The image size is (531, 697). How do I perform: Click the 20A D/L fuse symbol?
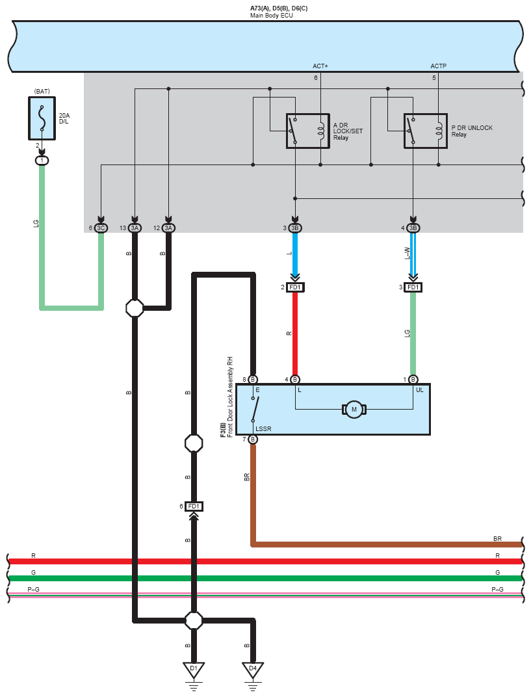click(42, 118)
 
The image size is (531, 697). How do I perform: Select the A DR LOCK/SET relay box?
click(307, 131)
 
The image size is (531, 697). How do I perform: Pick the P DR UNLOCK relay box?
click(425, 131)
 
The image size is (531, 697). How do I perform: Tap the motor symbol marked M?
click(354, 409)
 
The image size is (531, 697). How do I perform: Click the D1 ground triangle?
click(193, 669)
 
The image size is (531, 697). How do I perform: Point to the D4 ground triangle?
click(253, 669)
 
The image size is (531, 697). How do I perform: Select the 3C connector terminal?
click(101, 228)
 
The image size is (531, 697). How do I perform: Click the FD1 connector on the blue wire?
click(295, 287)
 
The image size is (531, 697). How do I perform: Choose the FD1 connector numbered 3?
click(413, 287)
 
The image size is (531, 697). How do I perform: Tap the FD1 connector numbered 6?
click(194, 506)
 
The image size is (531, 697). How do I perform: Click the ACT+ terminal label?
click(320, 66)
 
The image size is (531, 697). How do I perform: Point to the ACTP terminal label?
click(438, 66)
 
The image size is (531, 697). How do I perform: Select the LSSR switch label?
click(263, 428)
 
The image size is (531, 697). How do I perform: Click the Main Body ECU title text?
click(272, 15)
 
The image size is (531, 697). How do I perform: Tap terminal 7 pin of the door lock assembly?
click(253, 440)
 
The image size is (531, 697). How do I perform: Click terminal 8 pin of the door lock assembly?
click(253, 380)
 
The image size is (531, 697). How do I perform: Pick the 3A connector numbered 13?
click(135, 228)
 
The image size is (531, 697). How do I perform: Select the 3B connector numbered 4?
click(413, 228)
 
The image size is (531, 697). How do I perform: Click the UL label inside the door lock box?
click(419, 390)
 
